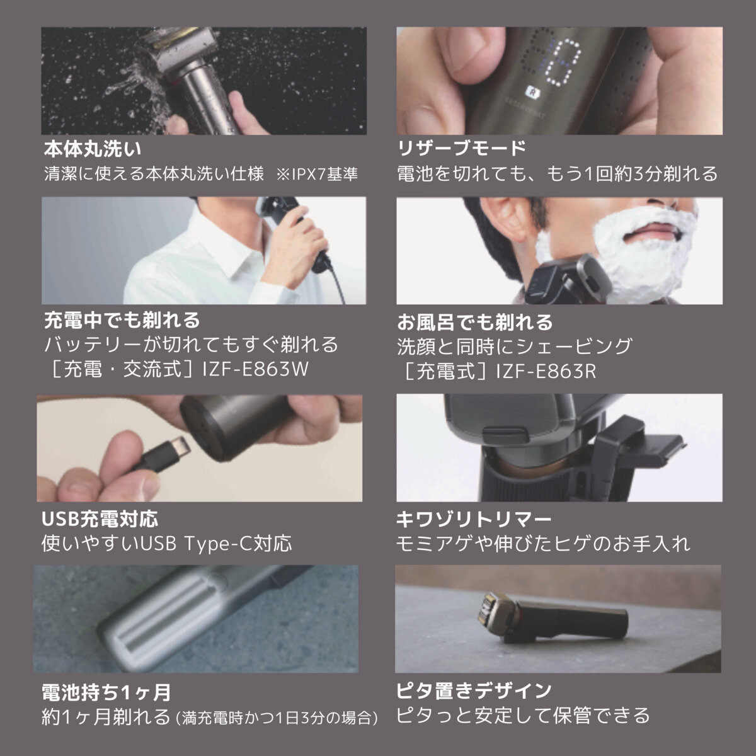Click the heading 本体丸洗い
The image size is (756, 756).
(92, 149)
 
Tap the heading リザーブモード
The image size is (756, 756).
(461, 148)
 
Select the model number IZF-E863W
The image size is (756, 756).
(255, 369)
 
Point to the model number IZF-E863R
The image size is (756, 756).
(546, 370)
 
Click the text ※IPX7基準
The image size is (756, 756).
(317, 174)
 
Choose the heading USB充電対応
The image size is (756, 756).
(100, 519)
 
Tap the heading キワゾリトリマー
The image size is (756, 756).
(474, 520)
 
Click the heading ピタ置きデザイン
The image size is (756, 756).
(474, 690)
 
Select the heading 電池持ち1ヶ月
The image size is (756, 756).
(106, 692)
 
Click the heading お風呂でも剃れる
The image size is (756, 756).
(475, 322)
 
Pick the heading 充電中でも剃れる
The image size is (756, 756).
(122, 321)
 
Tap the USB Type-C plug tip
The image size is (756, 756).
(181, 448)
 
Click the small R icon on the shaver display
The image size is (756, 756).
(531, 91)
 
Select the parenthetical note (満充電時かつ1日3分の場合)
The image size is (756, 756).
(277, 718)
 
